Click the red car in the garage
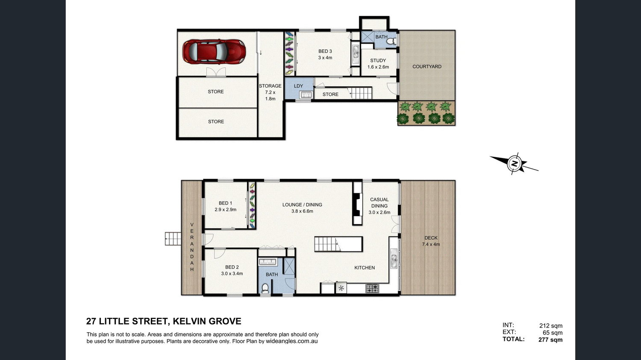[x=214, y=52]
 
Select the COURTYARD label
[x=426, y=67]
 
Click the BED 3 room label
[x=325, y=52]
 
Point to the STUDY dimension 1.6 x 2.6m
[x=378, y=67]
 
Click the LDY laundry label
[x=298, y=86]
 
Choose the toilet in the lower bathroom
[x=265, y=288]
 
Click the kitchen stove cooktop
[x=372, y=288]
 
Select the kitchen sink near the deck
[x=394, y=258]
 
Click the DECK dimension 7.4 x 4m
[x=431, y=244]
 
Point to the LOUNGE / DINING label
[x=302, y=205]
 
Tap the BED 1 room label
[x=226, y=203]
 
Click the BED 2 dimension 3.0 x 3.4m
[x=232, y=274]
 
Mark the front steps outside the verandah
[x=173, y=239]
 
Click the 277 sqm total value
[x=550, y=340]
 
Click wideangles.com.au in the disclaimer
[x=291, y=341]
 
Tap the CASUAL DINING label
[x=379, y=203]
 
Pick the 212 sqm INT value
[x=551, y=326]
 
